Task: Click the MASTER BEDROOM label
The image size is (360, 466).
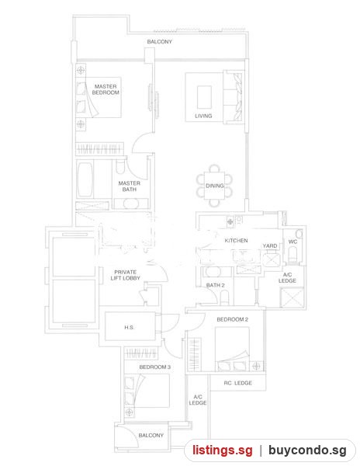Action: click(x=106, y=89)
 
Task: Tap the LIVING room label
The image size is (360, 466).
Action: click(x=203, y=116)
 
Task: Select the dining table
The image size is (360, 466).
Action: click(x=214, y=186)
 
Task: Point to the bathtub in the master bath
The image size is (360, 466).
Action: click(x=85, y=179)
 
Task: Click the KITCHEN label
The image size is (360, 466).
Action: click(x=236, y=241)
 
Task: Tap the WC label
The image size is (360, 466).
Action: click(x=292, y=242)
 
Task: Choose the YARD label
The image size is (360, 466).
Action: click(x=270, y=245)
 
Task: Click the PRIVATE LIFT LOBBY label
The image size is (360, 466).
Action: click(x=125, y=275)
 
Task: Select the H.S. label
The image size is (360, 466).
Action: click(x=129, y=327)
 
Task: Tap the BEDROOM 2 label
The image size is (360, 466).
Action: click(x=233, y=319)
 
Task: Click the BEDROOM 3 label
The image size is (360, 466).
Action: click(x=155, y=367)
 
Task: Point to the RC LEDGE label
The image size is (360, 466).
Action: click(x=238, y=383)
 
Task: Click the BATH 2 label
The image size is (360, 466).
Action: click(x=216, y=285)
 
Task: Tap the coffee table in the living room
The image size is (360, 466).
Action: click(x=205, y=98)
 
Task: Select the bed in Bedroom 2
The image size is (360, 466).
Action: click(x=232, y=349)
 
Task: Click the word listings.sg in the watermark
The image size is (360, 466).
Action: click(x=223, y=450)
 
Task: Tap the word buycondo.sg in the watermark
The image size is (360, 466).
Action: click(x=307, y=450)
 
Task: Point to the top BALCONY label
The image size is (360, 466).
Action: click(x=159, y=42)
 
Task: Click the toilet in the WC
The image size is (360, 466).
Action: click(x=292, y=255)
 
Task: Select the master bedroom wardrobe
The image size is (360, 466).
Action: click(x=99, y=148)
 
